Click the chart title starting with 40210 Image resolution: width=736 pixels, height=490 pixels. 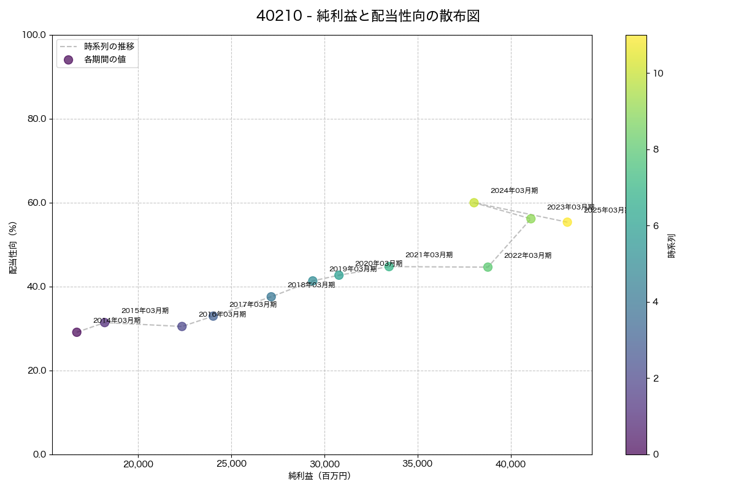368,17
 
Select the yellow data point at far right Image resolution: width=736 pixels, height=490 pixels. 567,222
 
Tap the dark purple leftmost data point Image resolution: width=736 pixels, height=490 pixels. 77,332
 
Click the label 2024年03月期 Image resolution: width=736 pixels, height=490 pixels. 514,191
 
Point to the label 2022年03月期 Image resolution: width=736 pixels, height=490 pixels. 527,255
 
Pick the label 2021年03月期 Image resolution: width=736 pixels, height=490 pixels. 429,255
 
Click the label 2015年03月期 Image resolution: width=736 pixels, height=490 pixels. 145,311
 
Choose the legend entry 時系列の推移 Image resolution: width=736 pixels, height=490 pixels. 109,46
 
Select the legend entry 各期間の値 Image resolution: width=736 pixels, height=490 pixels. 105,59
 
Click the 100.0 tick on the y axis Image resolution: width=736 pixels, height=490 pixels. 34,35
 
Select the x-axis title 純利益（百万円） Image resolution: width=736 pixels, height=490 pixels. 320,476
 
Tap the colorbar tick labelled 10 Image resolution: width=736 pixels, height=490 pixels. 658,73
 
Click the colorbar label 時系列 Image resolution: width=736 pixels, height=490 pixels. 672,244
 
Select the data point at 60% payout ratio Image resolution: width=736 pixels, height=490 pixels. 473,203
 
